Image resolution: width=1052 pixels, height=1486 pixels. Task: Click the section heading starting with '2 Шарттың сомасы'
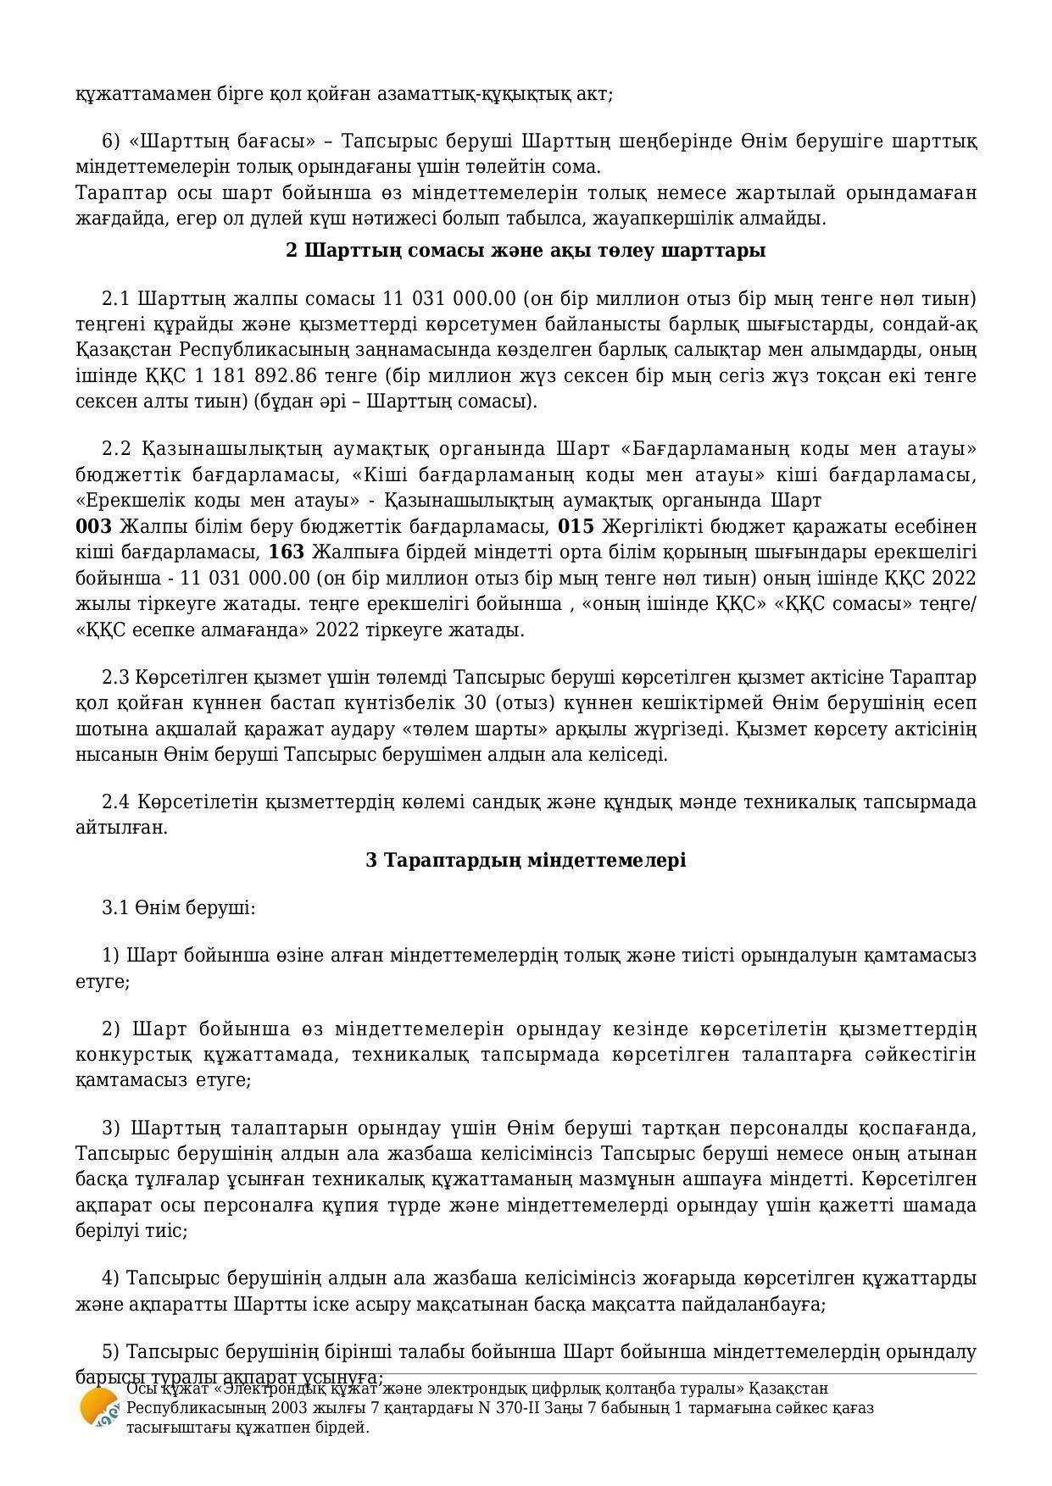526,251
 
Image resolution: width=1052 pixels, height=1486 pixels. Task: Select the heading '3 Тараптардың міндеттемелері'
526,861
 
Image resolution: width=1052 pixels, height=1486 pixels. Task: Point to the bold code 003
93,527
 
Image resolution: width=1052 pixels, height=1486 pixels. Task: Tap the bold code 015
576,527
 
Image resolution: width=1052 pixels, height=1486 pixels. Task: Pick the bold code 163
287,553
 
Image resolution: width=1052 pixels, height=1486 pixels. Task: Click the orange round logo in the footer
99,1408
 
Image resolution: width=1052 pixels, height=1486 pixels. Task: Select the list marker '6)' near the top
112,141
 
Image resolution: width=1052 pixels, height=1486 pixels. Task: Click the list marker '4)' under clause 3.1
111,1278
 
